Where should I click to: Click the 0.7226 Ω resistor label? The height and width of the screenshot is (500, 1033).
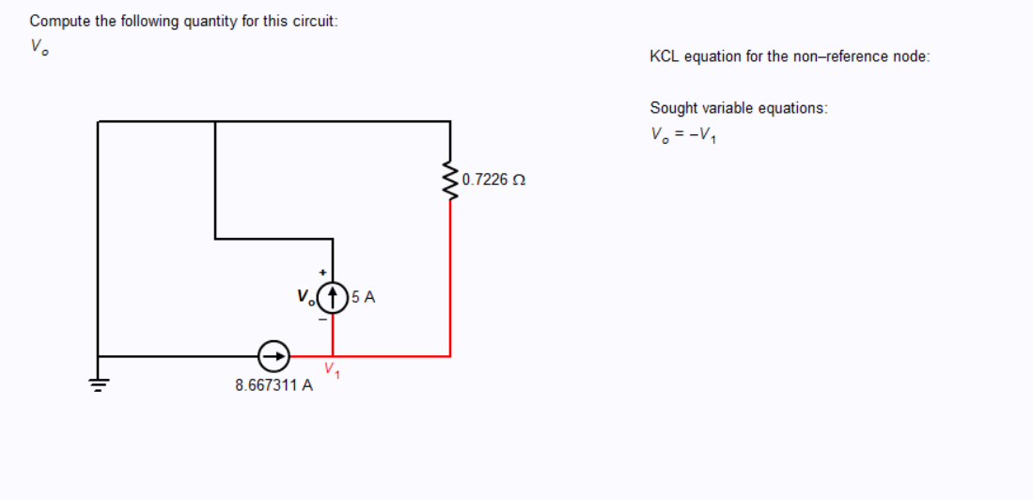pos(493,180)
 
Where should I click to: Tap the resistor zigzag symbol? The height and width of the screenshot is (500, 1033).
pos(450,180)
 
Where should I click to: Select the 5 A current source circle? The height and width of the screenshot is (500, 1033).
pos(334,297)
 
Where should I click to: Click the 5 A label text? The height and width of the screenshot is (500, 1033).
pos(365,297)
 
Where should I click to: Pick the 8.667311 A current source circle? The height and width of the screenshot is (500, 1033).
pos(274,356)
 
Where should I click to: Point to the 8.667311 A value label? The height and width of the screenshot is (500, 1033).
pos(274,384)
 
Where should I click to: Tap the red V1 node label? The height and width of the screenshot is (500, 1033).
pos(332,370)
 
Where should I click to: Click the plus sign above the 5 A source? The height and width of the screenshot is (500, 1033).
pos(322,272)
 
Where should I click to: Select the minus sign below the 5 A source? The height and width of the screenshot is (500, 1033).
pos(322,320)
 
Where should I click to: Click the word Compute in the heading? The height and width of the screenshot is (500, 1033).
pos(59,21)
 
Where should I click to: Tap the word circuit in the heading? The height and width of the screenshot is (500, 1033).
pos(313,21)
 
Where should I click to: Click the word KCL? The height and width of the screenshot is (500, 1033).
pos(664,56)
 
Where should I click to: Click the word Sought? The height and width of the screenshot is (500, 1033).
pos(672,108)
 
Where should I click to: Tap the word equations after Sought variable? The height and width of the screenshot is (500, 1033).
pos(791,108)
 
